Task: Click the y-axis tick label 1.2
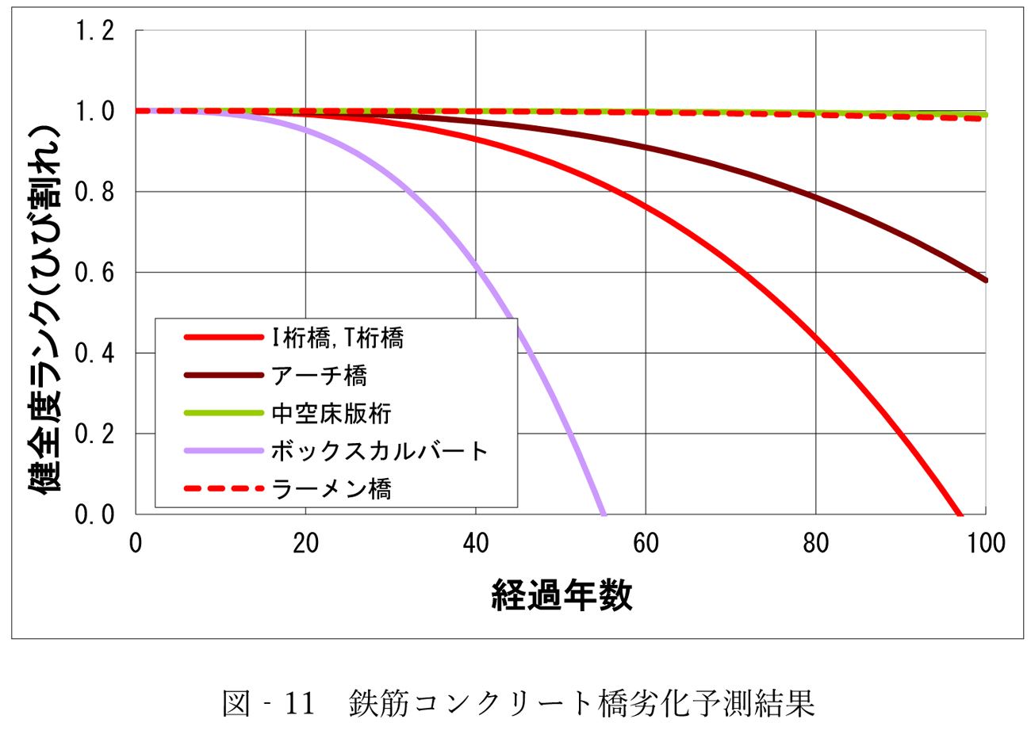94,32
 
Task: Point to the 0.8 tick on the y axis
94,193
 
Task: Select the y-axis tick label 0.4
94,354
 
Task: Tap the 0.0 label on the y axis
94,514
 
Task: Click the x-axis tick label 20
305,544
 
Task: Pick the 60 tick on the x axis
646,544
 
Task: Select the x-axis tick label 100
986,544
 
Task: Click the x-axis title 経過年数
561,595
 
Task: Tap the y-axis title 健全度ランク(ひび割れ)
45,309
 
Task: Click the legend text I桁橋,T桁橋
338,338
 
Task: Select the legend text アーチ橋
319,376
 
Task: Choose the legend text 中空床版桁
332,413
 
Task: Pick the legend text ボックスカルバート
379,451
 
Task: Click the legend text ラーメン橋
332,489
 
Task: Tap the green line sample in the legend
224,413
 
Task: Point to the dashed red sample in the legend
224,489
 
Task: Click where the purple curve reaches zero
604,514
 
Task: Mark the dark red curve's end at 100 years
985,280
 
